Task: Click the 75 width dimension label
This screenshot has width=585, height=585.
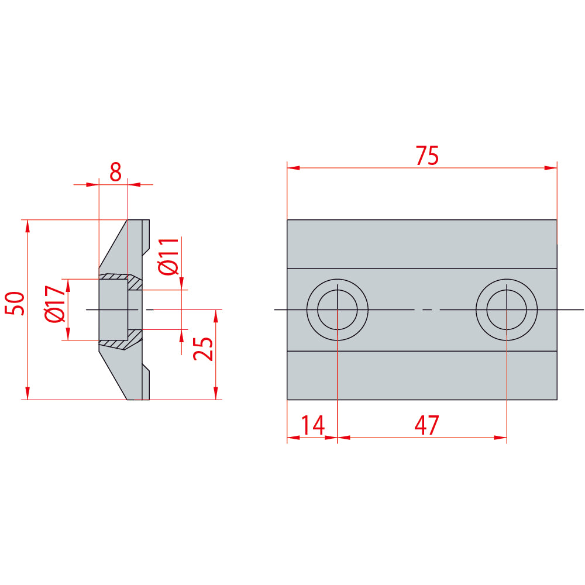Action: tap(427, 156)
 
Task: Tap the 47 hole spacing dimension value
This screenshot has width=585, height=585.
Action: tap(427, 425)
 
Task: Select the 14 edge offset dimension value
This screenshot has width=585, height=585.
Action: tap(312, 425)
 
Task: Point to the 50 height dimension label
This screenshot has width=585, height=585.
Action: tap(15, 303)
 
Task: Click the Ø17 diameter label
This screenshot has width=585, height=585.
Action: tap(55, 304)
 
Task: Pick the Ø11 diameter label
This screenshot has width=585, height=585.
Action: tap(168, 256)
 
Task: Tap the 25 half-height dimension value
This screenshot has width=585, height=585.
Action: tap(204, 349)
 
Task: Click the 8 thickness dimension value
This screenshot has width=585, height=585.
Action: tap(115, 172)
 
